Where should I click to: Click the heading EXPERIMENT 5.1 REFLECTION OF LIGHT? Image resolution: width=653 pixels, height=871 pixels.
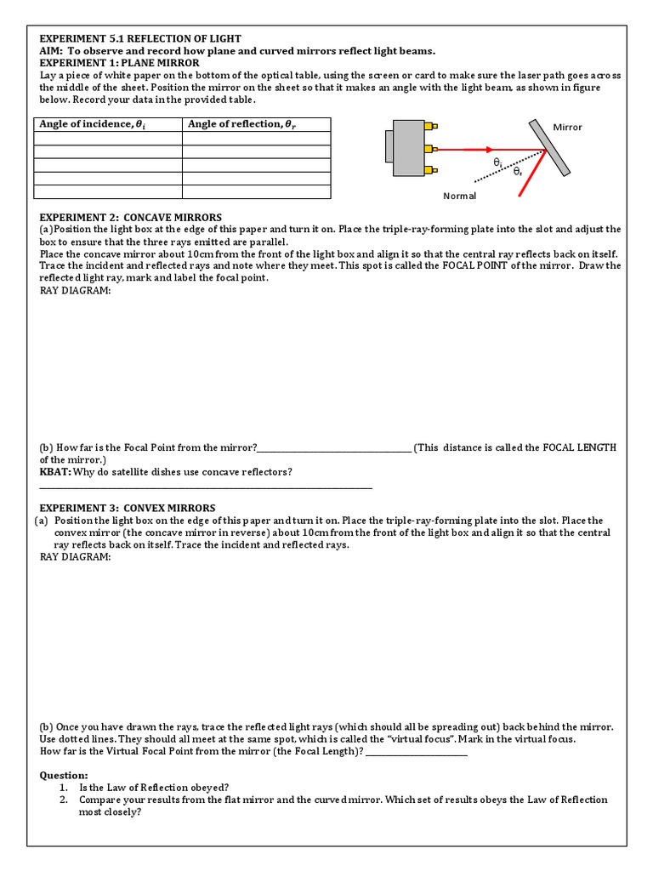(140, 39)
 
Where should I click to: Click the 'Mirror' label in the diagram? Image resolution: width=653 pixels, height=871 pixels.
(567, 128)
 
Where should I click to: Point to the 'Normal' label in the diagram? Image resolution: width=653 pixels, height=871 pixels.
(460, 196)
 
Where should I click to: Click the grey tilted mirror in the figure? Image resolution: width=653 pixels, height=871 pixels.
(550, 150)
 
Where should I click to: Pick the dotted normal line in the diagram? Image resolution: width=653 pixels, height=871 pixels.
(502, 168)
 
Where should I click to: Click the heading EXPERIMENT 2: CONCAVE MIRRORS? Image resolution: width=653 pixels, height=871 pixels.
(130, 218)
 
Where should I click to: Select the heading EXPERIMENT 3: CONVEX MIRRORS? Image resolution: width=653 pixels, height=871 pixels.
(128, 509)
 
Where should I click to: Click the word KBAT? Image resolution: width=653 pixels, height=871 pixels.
(54, 472)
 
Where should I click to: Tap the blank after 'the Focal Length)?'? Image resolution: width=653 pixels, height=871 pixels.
(416, 753)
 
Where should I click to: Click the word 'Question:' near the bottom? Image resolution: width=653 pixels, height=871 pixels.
(64, 776)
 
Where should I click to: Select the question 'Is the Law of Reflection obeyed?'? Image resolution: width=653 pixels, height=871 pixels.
(154, 788)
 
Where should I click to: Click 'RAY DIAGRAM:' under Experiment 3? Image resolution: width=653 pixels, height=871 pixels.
(75, 557)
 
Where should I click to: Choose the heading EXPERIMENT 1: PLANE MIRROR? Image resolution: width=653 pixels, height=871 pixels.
(120, 63)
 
